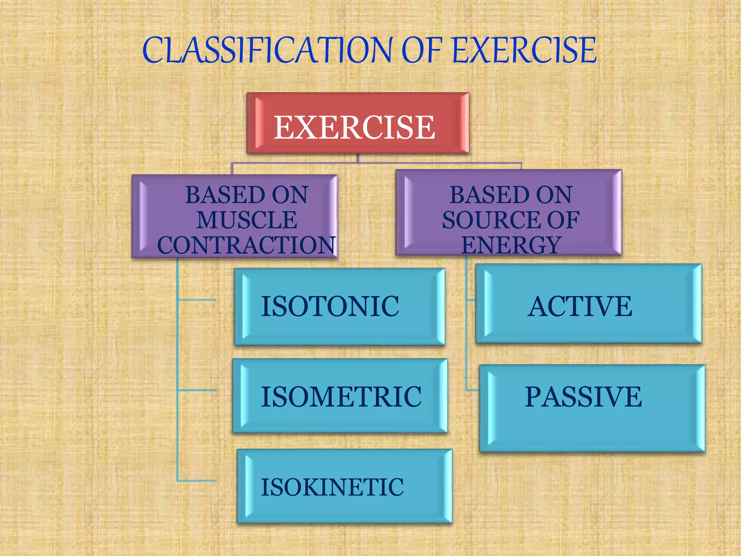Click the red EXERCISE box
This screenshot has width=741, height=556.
357,123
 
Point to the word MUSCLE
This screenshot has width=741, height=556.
247,220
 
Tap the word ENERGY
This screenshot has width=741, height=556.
511,245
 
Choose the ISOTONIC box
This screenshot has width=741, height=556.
339,306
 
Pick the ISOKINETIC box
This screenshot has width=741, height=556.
344,486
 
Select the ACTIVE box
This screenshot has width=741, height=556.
588,303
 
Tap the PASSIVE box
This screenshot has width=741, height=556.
592,408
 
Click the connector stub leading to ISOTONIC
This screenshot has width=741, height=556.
197,300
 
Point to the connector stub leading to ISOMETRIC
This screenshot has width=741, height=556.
197,390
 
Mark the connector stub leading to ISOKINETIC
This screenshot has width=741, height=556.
197,481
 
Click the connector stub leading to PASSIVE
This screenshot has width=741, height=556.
472,390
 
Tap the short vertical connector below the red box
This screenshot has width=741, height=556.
357,158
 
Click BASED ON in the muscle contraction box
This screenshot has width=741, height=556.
247,195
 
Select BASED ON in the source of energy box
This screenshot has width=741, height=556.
511,195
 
